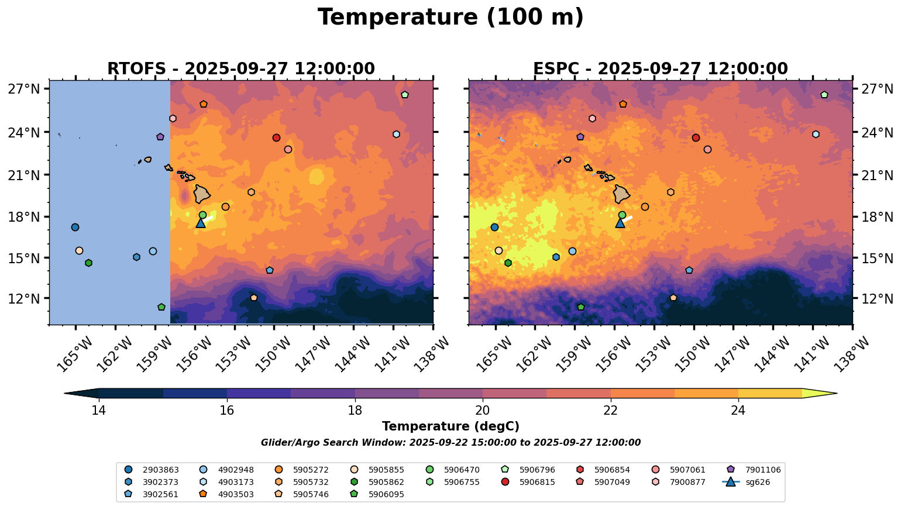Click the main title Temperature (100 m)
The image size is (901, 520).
[450, 18]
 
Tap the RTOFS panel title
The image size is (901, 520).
[240, 69]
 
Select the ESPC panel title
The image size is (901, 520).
[660, 69]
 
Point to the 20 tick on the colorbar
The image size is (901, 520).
[483, 410]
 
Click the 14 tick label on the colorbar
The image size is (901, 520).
[98, 410]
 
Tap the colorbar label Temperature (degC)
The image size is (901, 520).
[450, 427]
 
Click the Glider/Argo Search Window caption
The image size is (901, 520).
[450, 443]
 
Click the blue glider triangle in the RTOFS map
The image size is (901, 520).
[201, 223]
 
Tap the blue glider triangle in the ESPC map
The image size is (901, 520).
[620, 223]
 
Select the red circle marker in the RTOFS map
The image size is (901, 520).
[276, 137]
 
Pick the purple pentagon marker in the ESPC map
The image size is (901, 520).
[580, 137]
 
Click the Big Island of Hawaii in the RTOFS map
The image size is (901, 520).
[202, 194]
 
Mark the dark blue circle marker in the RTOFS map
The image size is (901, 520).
[75, 227]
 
